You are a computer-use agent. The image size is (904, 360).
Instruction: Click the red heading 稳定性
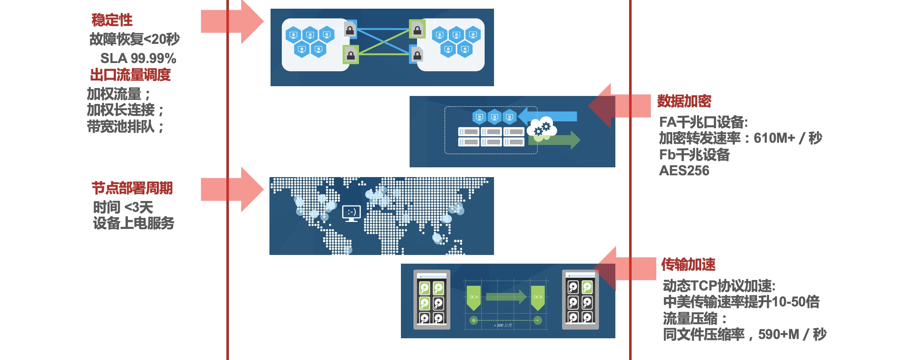112,20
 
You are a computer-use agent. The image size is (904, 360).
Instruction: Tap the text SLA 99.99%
138,58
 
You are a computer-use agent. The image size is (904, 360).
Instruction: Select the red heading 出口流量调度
130,75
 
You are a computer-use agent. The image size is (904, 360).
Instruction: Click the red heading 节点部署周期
132,188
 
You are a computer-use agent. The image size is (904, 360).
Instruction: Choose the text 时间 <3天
123,208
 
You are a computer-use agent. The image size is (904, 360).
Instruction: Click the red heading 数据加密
684,101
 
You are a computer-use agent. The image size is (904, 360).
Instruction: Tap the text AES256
684,171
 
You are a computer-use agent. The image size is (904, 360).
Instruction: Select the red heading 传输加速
688,264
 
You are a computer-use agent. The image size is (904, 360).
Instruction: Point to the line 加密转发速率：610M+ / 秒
741,138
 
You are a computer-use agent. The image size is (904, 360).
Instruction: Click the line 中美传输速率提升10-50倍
741,302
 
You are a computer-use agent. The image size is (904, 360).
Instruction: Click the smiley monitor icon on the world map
351,213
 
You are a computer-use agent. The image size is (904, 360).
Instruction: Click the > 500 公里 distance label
503,325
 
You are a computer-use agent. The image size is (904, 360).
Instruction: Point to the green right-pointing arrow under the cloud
558,140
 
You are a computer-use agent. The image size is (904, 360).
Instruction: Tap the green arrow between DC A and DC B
506,297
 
